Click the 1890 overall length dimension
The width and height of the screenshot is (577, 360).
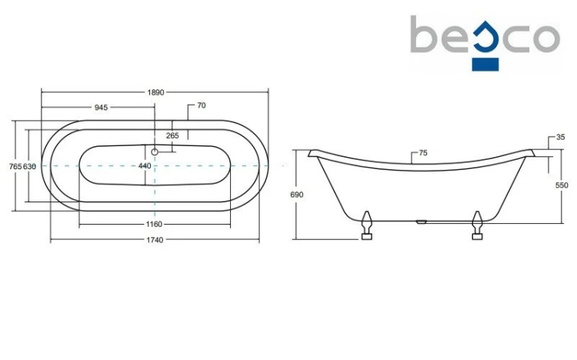(155, 92)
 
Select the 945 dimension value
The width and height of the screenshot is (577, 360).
(102, 108)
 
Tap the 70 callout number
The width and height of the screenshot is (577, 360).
(202, 105)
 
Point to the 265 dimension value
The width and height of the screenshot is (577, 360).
(172, 135)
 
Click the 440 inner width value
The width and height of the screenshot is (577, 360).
(145, 166)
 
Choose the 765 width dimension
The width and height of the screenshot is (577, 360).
(15, 166)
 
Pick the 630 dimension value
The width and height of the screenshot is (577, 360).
(29, 166)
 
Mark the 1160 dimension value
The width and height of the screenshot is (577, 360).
(154, 224)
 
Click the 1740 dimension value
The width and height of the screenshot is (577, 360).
(155, 240)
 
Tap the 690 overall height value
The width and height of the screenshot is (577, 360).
(297, 195)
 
